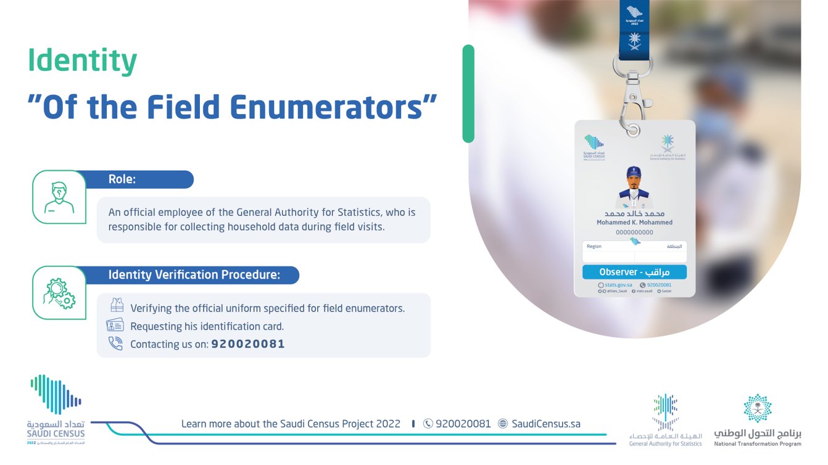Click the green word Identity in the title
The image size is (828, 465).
[82, 62]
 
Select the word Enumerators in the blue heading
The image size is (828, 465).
[334, 107]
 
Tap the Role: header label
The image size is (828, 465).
[122, 179]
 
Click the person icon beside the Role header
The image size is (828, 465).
[59, 197]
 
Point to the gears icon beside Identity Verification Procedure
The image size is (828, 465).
[59, 293]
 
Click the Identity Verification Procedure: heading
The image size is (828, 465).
[194, 275]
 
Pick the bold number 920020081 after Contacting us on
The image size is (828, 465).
[248, 344]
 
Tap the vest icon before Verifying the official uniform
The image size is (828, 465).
[117, 306]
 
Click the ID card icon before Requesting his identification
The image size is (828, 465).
[115, 326]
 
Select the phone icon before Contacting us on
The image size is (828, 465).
[115, 344]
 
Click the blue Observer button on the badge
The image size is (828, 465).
[634, 272]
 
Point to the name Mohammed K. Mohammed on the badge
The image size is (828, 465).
[634, 222]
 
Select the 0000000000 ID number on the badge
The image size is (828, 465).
[634, 232]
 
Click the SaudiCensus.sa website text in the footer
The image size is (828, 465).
[546, 424]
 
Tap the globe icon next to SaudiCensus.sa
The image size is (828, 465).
[503, 424]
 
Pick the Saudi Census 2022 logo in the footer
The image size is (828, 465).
[56, 410]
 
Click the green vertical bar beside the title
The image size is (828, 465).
[468, 94]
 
